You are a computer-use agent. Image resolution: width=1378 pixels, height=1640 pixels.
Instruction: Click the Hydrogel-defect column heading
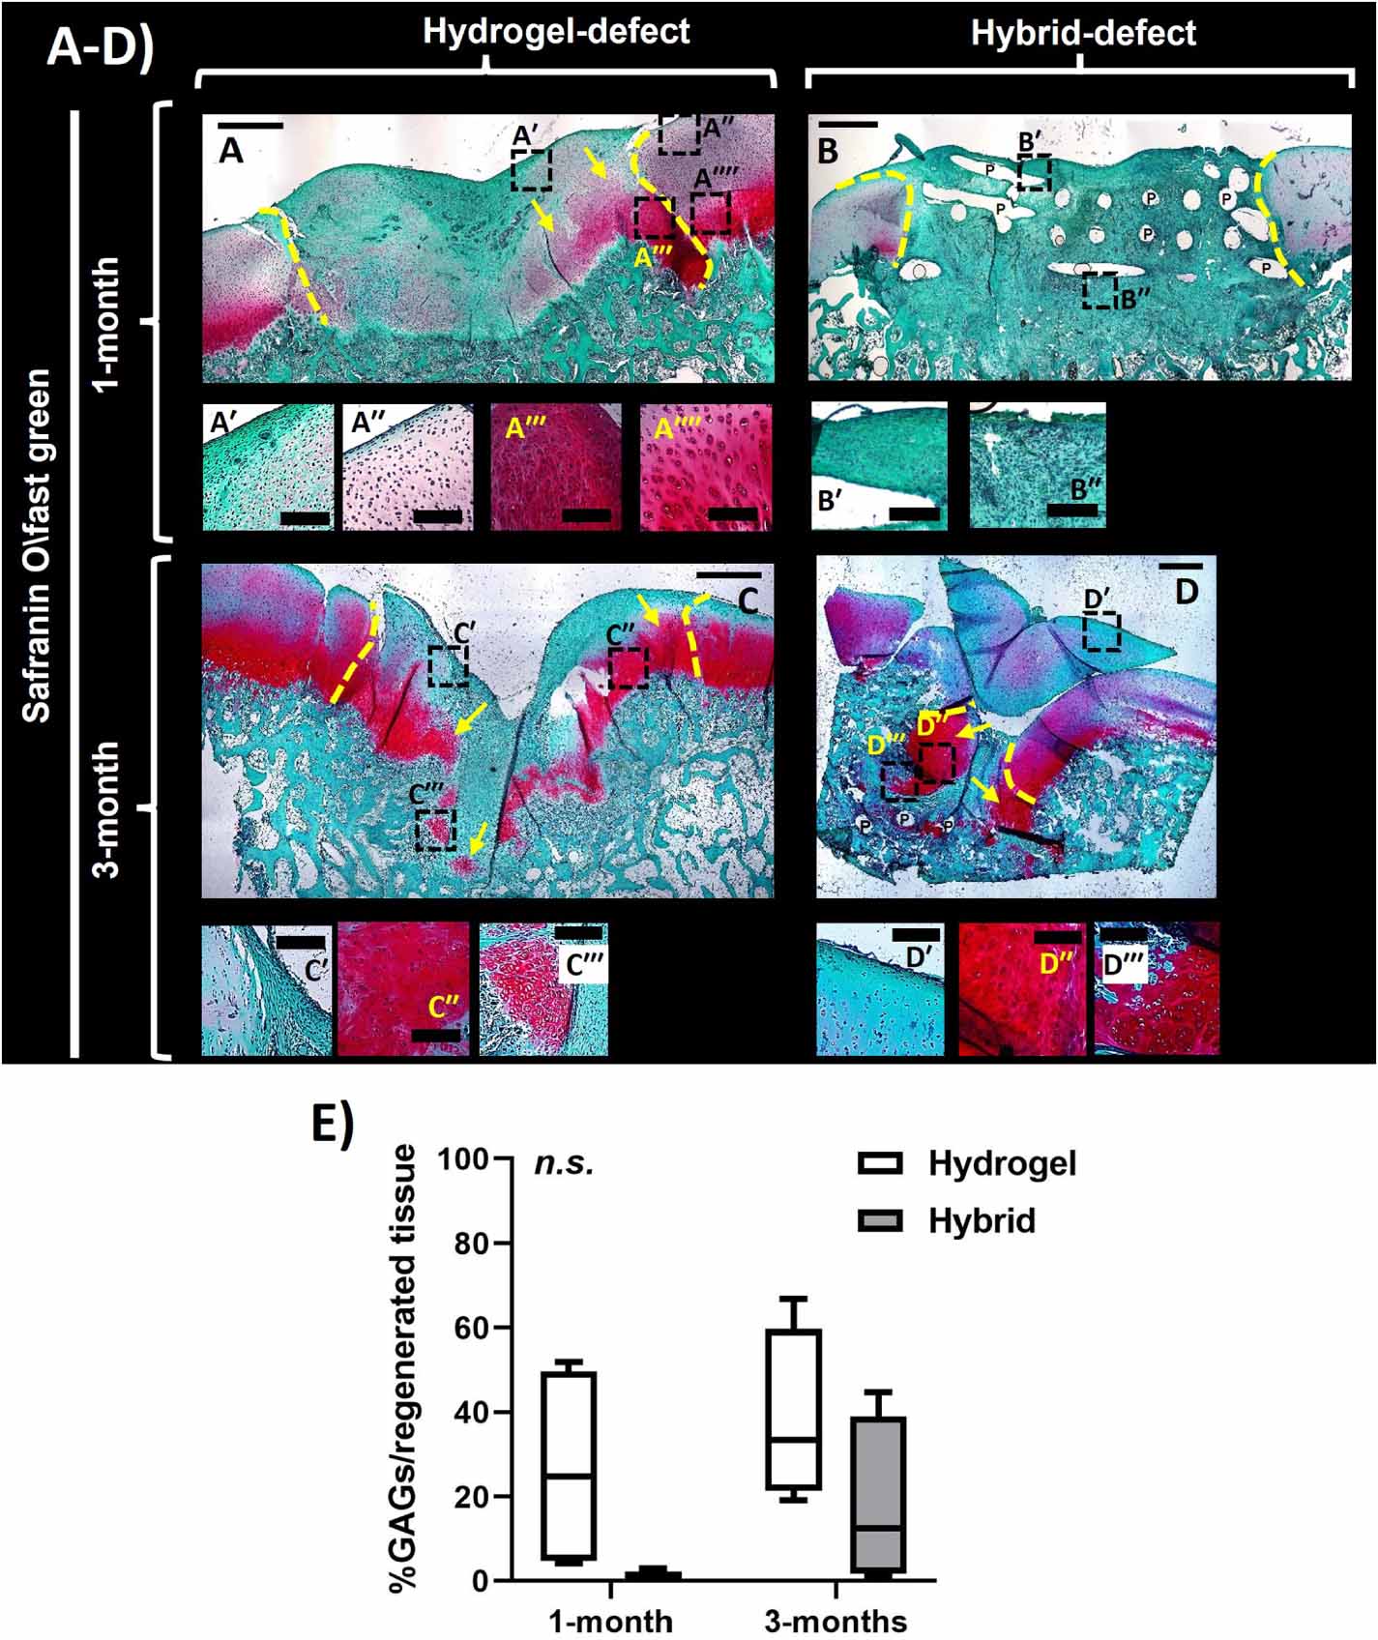pyautogui.click(x=556, y=32)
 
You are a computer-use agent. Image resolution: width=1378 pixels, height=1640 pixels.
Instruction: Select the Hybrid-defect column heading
pyautogui.click(x=1083, y=34)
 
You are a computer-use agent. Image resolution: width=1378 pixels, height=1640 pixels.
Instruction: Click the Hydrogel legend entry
pyautogui.click(x=1001, y=1163)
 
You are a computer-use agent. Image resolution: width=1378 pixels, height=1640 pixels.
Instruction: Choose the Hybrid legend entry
pyautogui.click(x=981, y=1220)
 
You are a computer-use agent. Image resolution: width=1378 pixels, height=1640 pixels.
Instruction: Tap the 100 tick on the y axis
pyautogui.click(x=474, y=1158)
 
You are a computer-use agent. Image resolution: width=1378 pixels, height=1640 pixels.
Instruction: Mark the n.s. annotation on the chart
pyautogui.click(x=564, y=1163)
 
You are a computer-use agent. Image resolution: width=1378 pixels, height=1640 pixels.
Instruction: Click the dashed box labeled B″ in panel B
pyautogui.click(x=1099, y=290)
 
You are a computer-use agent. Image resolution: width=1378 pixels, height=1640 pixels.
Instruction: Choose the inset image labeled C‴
pyautogui.click(x=543, y=990)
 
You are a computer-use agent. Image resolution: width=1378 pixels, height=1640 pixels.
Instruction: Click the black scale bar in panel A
pyautogui.click(x=250, y=126)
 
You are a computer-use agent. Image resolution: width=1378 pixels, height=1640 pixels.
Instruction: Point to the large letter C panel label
pyautogui.click(x=748, y=600)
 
